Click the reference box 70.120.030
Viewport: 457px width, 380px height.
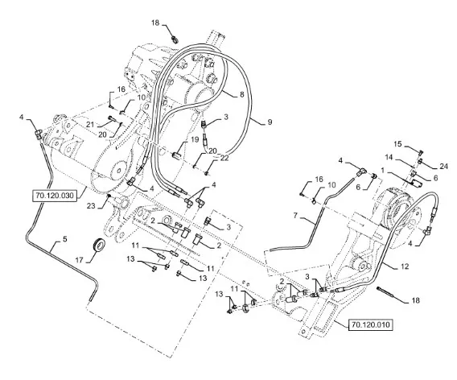[55, 195]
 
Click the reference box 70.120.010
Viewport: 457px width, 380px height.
[371, 324]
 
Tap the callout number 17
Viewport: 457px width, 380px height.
[80, 259]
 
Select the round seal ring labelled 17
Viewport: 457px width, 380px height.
[98, 244]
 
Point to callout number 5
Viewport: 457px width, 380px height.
[64, 239]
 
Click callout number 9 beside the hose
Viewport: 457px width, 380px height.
[270, 122]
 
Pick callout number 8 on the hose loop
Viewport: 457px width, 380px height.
[241, 94]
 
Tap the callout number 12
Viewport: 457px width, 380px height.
[405, 266]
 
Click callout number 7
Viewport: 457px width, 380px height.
[295, 216]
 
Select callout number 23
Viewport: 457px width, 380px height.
[91, 205]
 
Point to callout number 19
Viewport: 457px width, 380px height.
[195, 139]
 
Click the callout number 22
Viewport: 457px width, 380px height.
[224, 158]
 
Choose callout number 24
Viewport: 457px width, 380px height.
[443, 166]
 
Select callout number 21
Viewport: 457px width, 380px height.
[90, 125]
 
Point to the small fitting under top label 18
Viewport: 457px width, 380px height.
[175, 39]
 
